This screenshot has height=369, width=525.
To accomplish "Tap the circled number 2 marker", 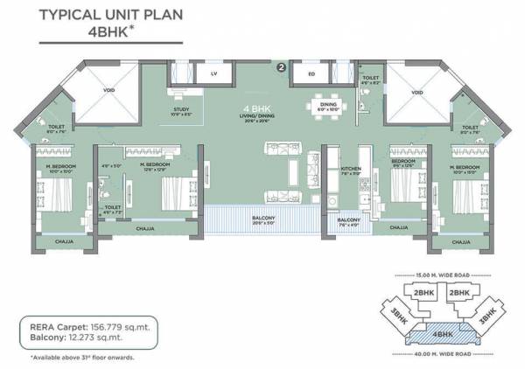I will (x=281, y=66).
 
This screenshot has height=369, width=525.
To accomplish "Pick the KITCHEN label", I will (x=350, y=169).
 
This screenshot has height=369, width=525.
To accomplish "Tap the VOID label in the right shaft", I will (x=417, y=92).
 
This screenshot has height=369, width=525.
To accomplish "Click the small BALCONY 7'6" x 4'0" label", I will (x=350, y=221).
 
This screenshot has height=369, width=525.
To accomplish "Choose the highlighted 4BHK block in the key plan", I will (x=439, y=333).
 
